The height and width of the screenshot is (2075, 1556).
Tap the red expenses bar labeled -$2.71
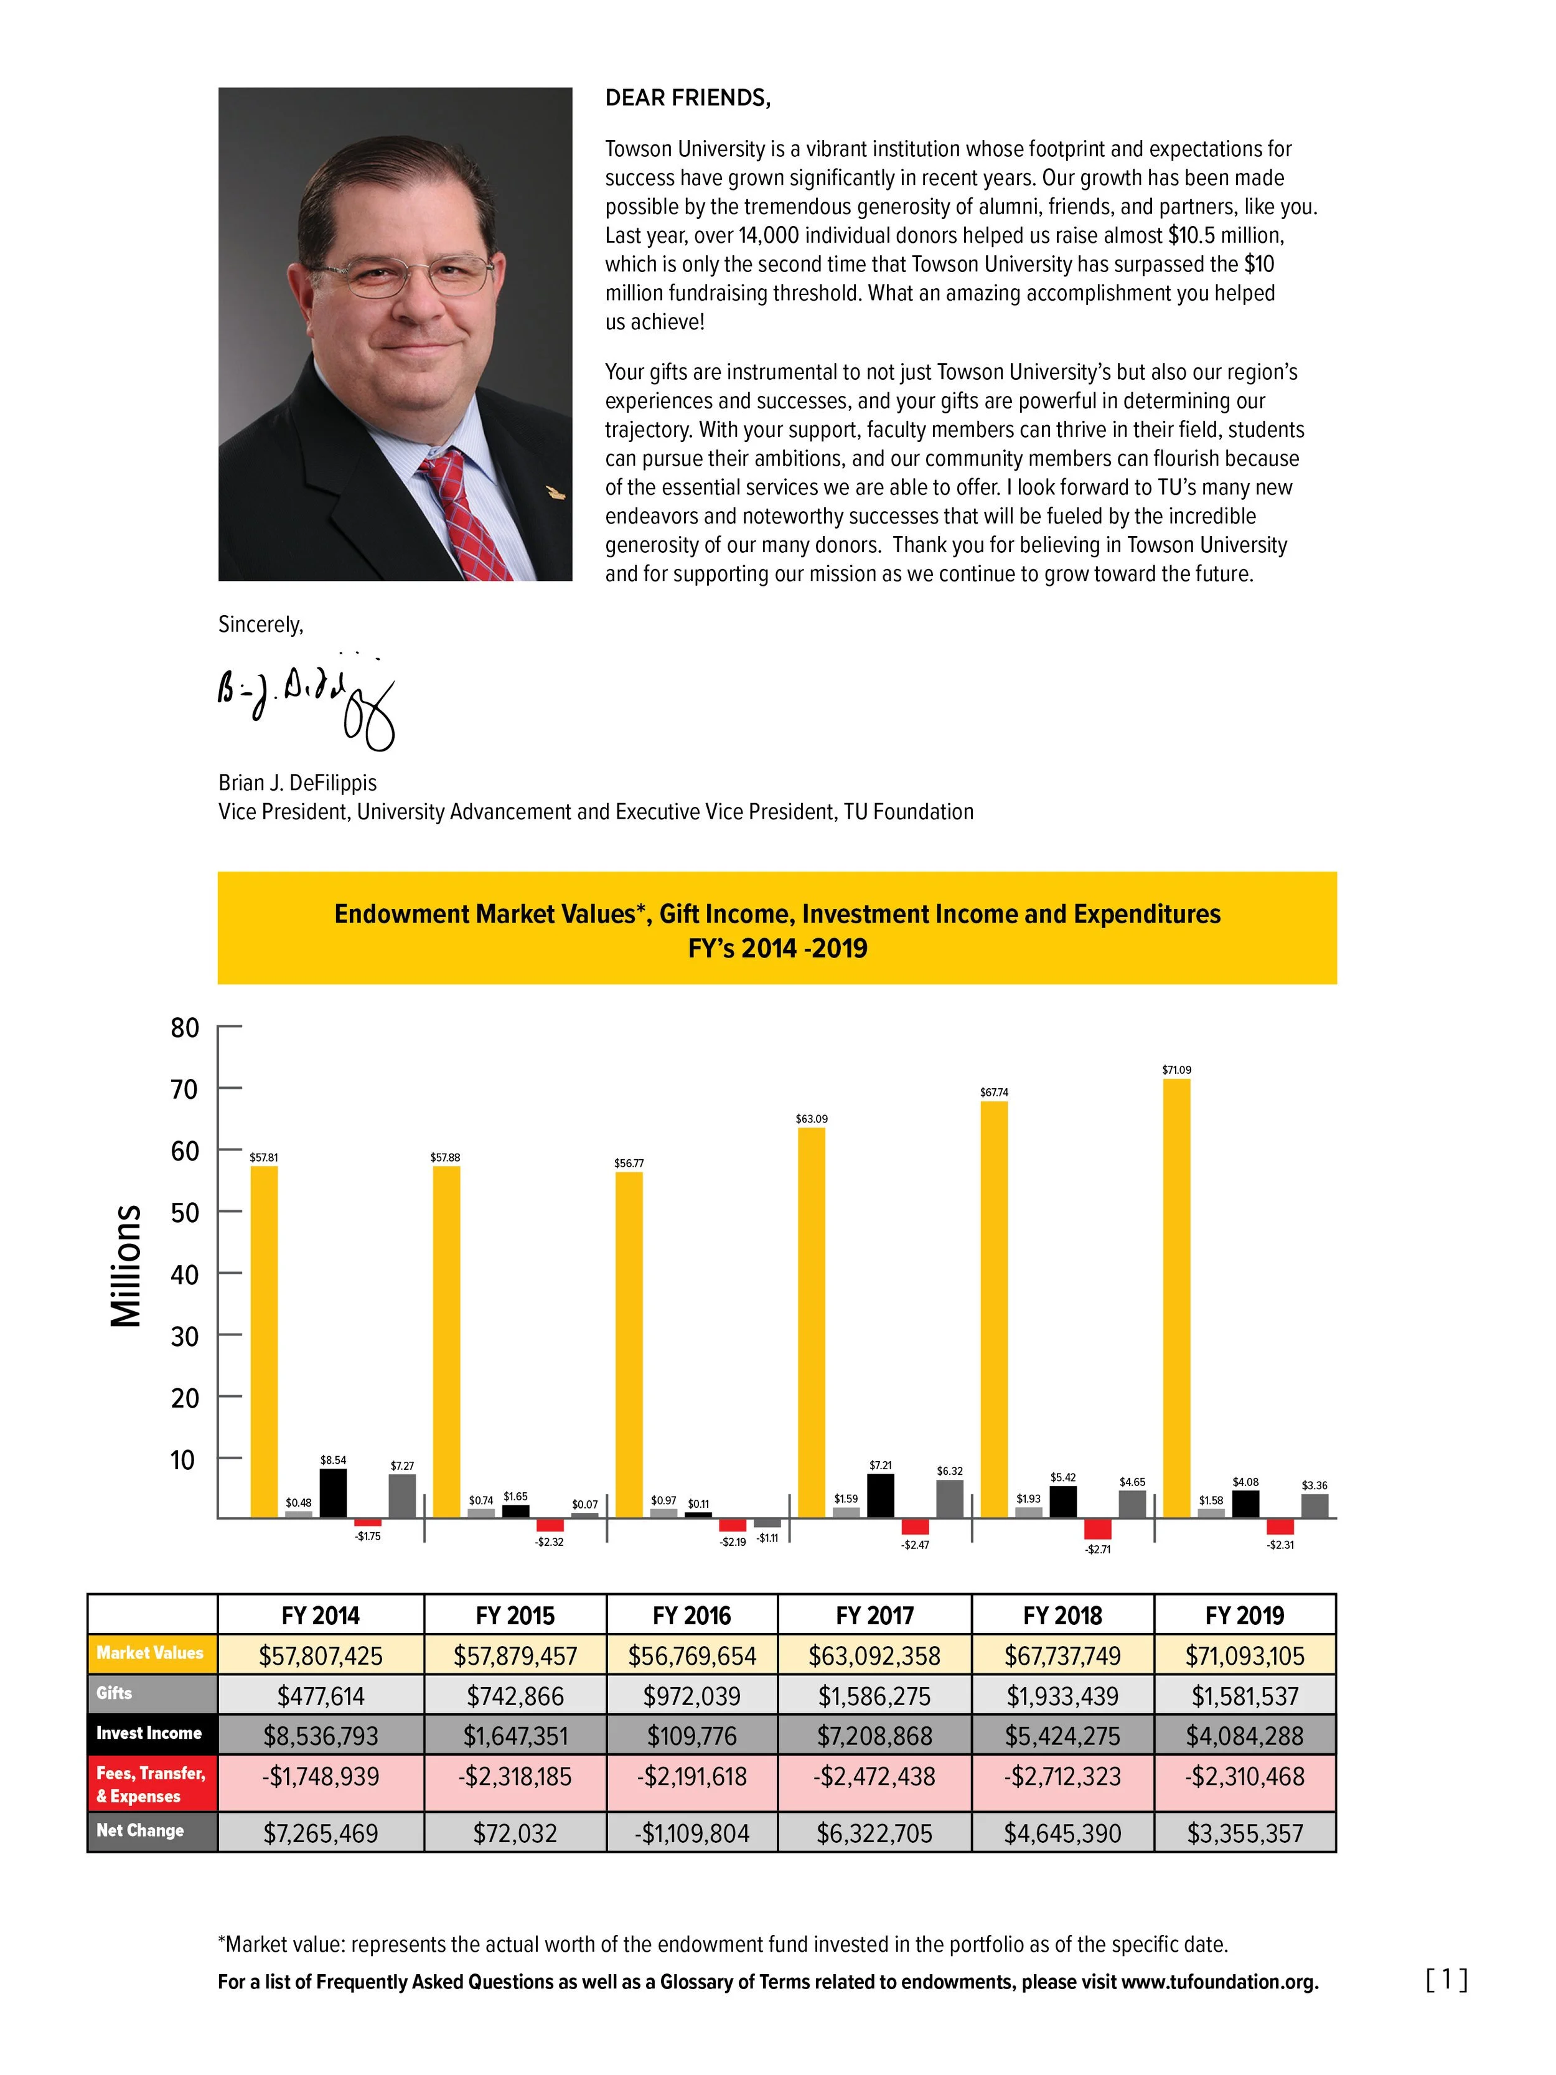point(1097,1528)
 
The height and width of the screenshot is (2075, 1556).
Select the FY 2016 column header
point(691,1616)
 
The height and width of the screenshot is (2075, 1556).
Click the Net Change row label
point(141,1830)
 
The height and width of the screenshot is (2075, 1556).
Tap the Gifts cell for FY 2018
point(1062,1696)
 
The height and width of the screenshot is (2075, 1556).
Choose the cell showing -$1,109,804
point(691,1833)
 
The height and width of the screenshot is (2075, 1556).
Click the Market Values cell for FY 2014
point(321,1655)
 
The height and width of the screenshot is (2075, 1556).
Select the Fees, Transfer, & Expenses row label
point(150,1784)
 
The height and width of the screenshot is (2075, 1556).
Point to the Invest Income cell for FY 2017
point(874,1736)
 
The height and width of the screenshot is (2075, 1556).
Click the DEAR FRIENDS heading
point(688,98)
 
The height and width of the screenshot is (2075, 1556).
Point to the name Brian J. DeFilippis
point(298,783)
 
